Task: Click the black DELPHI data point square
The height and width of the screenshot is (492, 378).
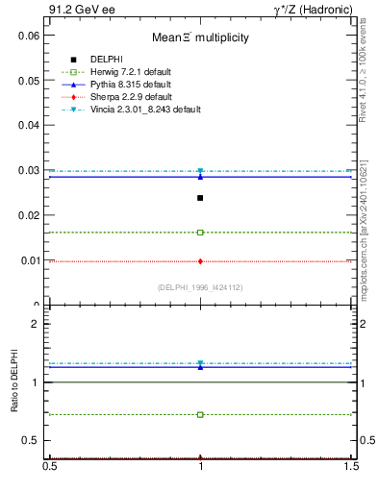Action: point(200,198)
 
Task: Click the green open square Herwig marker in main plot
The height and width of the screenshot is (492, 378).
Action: point(200,233)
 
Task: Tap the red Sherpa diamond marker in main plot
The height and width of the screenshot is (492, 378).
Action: point(200,261)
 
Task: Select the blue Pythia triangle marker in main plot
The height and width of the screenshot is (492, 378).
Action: point(200,176)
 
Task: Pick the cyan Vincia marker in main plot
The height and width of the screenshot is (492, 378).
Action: point(200,171)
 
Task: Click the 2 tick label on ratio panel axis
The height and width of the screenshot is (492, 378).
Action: point(36,324)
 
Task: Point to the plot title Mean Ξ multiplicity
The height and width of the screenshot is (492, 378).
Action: point(200,37)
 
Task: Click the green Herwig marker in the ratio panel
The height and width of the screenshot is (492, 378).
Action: point(200,415)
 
